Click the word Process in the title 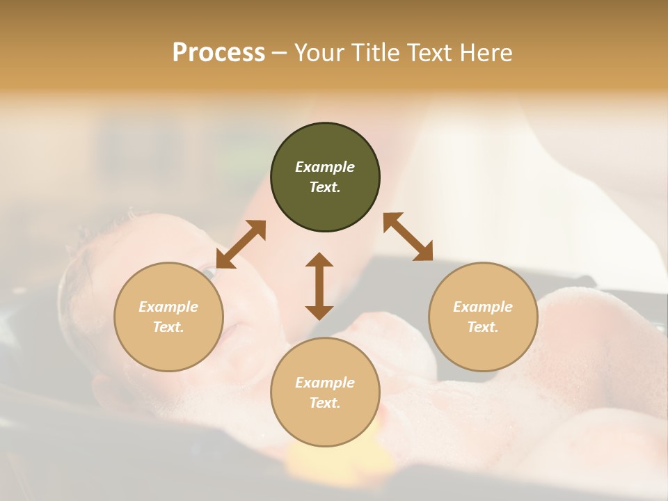[218, 53]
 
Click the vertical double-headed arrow [319, 286]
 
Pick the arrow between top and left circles [241, 244]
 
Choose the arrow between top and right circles [408, 237]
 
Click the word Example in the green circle [325, 167]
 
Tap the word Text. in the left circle [168, 327]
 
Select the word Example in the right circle [483, 307]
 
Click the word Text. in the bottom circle [325, 403]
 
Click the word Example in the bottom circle [325, 383]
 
